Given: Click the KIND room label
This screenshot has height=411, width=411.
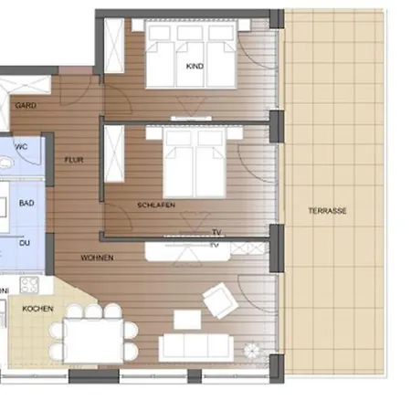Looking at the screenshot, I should pyautogui.click(x=194, y=68).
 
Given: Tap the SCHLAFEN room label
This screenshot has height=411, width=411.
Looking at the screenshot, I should pyautogui.click(x=156, y=205).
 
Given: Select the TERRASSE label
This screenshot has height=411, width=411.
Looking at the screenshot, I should pyautogui.click(x=327, y=211).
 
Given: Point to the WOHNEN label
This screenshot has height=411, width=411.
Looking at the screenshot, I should pyautogui.click(x=97, y=258).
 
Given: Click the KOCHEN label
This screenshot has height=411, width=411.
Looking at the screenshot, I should pyautogui.click(x=37, y=309).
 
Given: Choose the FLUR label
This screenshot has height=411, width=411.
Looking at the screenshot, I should pyautogui.click(x=74, y=159).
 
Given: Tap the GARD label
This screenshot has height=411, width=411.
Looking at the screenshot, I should pyautogui.click(x=26, y=105).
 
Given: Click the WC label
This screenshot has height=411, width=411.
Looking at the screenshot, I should pyautogui.click(x=22, y=145).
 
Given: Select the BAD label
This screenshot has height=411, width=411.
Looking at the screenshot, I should pyautogui.click(x=26, y=202).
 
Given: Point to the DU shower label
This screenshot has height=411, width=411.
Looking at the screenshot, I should pyautogui.click(x=26, y=244).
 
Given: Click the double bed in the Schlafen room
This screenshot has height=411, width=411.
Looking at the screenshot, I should pyautogui.click(x=194, y=161).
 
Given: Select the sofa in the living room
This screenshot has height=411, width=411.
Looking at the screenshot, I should pyautogui.click(x=196, y=346).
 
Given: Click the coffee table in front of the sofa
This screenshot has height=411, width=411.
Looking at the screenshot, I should pyautogui.click(x=187, y=320).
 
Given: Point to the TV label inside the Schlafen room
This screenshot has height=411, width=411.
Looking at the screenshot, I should pyautogui.click(x=216, y=232).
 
